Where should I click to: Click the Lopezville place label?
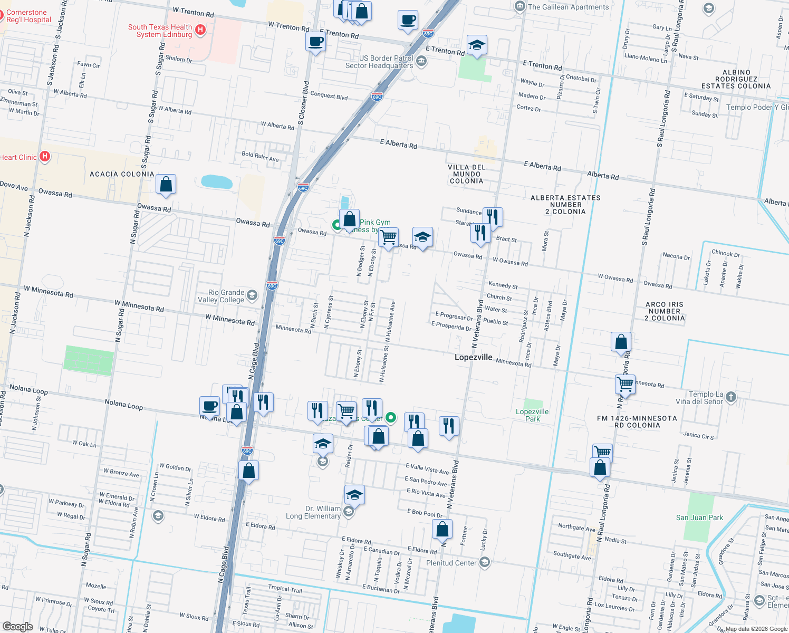(473, 358)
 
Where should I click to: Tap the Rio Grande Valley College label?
(226, 296)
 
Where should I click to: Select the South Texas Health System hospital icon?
(200, 30)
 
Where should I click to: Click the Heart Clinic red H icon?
(45, 156)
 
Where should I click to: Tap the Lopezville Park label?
(532, 415)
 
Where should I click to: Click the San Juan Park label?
(699, 517)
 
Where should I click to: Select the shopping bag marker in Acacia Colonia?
(166, 185)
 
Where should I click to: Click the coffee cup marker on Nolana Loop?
(209, 406)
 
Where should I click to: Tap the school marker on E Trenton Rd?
(477, 45)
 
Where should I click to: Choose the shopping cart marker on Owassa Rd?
(389, 237)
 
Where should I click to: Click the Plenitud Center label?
(451, 563)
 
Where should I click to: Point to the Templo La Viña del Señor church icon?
(730, 396)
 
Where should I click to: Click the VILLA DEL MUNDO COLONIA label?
(466, 174)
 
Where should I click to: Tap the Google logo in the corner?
(17, 627)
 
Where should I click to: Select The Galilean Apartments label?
(568, 7)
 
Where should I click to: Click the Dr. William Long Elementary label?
(313, 512)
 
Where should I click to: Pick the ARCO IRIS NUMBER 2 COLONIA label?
(665, 311)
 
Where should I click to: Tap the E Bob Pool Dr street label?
(425, 513)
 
